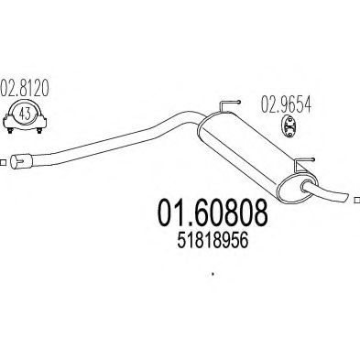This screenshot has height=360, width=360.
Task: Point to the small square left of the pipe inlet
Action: pyautogui.click(x=4, y=165)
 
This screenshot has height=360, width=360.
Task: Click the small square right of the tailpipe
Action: pyautogui.click(x=355, y=195)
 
